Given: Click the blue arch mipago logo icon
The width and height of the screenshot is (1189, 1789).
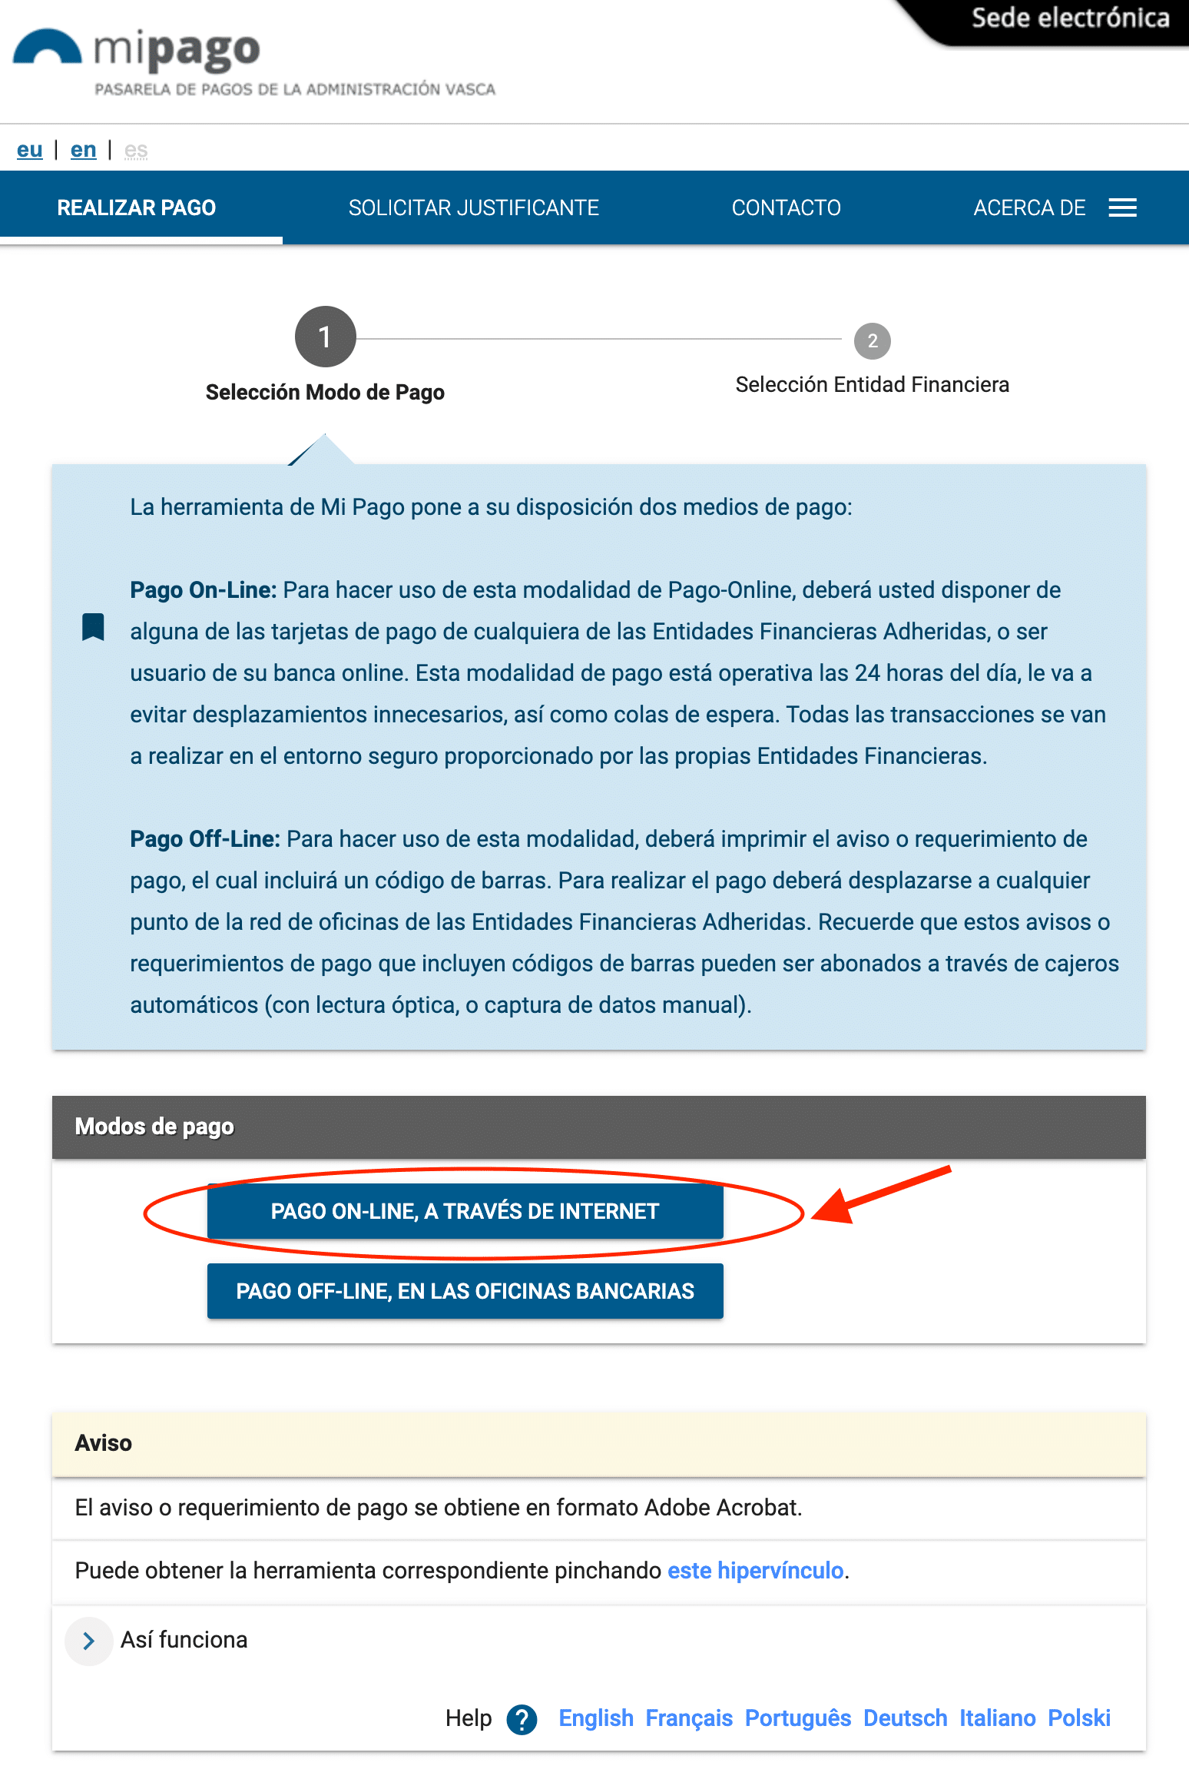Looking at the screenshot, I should [47, 48].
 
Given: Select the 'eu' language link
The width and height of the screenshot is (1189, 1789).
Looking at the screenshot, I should [30, 150].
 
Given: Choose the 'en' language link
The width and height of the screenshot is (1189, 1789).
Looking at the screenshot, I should [83, 150].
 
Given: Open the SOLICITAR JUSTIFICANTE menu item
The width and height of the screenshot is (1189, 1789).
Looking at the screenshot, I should [473, 207].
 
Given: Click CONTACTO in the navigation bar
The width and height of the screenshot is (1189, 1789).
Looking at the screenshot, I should [786, 207].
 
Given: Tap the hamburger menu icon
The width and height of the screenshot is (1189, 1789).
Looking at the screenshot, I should [1122, 207].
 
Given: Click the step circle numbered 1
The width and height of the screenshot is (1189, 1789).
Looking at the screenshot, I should [325, 337].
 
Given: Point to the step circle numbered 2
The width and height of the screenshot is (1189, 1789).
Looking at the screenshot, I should [872, 340].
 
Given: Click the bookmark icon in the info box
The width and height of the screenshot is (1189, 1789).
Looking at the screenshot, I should [93, 626].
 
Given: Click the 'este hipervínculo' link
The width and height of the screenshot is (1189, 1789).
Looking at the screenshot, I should [755, 1570].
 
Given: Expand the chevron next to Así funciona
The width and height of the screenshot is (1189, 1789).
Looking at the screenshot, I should [89, 1641].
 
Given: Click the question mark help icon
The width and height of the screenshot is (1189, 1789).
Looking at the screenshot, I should [522, 1719].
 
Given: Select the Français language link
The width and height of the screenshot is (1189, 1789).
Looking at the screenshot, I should [689, 1718].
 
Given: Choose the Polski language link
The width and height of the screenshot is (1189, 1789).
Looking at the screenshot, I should [1078, 1718].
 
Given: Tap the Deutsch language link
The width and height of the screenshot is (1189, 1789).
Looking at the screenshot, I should [905, 1718].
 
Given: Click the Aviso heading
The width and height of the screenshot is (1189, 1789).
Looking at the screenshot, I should [104, 1442].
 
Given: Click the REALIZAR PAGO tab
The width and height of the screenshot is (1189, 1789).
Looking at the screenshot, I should [137, 207].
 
